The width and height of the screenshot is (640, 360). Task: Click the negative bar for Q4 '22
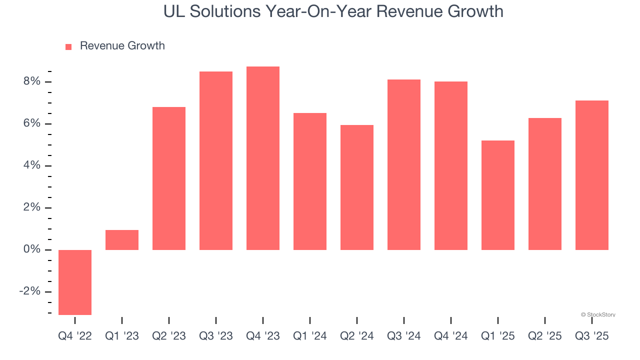point(75,282)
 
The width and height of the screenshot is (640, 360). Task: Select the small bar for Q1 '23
point(122,240)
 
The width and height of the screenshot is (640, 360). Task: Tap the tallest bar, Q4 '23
point(263,158)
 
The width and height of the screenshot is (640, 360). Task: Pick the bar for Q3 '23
point(216,160)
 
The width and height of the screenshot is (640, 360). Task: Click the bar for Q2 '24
point(357,187)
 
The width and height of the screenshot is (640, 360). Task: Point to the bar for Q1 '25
point(498,195)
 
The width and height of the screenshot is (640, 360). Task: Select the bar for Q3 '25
point(592,175)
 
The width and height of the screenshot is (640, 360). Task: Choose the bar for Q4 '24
point(451,165)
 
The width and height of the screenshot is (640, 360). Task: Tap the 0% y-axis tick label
point(32,249)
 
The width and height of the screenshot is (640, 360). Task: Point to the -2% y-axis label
point(30,291)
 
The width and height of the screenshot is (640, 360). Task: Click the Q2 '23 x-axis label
point(169,336)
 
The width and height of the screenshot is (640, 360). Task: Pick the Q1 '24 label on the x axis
point(310,336)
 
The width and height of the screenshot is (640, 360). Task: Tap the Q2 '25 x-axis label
point(545,336)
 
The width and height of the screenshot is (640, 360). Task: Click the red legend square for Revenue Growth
point(68,46)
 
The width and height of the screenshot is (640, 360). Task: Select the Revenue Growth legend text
point(122,46)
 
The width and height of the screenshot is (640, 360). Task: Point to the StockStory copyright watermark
point(598,314)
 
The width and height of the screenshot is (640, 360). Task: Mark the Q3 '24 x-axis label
point(404,336)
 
